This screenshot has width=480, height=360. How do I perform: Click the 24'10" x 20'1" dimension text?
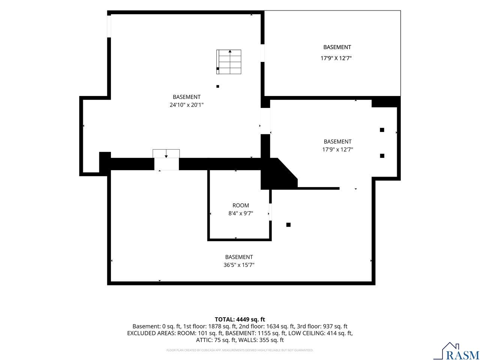pos(186,105)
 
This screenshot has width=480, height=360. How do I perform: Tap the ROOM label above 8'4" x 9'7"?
pos(240,205)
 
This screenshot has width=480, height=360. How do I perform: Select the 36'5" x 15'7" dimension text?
pos(239,265)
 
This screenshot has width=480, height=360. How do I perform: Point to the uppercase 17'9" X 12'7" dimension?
pos(336,58)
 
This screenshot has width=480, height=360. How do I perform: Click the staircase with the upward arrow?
pos(229,62)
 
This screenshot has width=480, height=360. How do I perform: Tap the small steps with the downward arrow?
pos(166,153)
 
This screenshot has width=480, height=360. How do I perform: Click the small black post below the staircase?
pos(217,86)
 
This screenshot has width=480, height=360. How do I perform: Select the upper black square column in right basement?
pos(382,130)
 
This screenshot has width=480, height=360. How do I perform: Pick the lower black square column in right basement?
pos(382,156)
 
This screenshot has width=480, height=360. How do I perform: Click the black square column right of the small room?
pos(288,225)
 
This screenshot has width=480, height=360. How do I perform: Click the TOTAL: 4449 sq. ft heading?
pos(240,319)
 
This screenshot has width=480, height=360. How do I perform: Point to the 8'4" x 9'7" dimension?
pos(240,213)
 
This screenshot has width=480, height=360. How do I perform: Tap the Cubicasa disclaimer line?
pos(240,350)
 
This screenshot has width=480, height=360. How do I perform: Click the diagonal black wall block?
pos(279,174)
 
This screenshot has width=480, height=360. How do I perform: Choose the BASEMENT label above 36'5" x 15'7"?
pos(239,257)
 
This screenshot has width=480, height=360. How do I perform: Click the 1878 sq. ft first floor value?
pos(222,326)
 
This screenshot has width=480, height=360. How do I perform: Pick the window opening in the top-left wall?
pos(109,27)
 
